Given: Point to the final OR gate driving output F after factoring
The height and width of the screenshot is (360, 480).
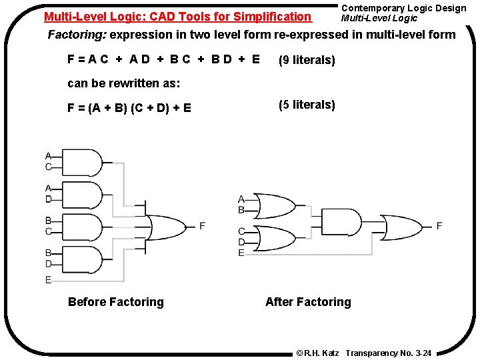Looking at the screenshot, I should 401,227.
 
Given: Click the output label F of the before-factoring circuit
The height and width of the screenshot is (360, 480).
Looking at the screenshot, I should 202,226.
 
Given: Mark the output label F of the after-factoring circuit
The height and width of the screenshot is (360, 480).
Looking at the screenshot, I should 439,226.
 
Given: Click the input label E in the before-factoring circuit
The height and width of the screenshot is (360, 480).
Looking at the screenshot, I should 48,280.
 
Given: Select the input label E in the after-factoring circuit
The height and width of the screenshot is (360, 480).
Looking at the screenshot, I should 241,253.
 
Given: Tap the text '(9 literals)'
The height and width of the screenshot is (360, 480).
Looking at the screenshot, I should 307,61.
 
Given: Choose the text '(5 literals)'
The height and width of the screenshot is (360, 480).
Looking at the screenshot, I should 307,105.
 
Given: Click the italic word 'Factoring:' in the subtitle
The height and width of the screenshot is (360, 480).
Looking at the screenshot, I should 77,35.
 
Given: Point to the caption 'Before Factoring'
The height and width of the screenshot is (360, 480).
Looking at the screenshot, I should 115,302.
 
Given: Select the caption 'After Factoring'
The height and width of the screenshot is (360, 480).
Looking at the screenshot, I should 307,302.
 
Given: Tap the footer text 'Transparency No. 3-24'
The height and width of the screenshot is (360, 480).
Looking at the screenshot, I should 389,352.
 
